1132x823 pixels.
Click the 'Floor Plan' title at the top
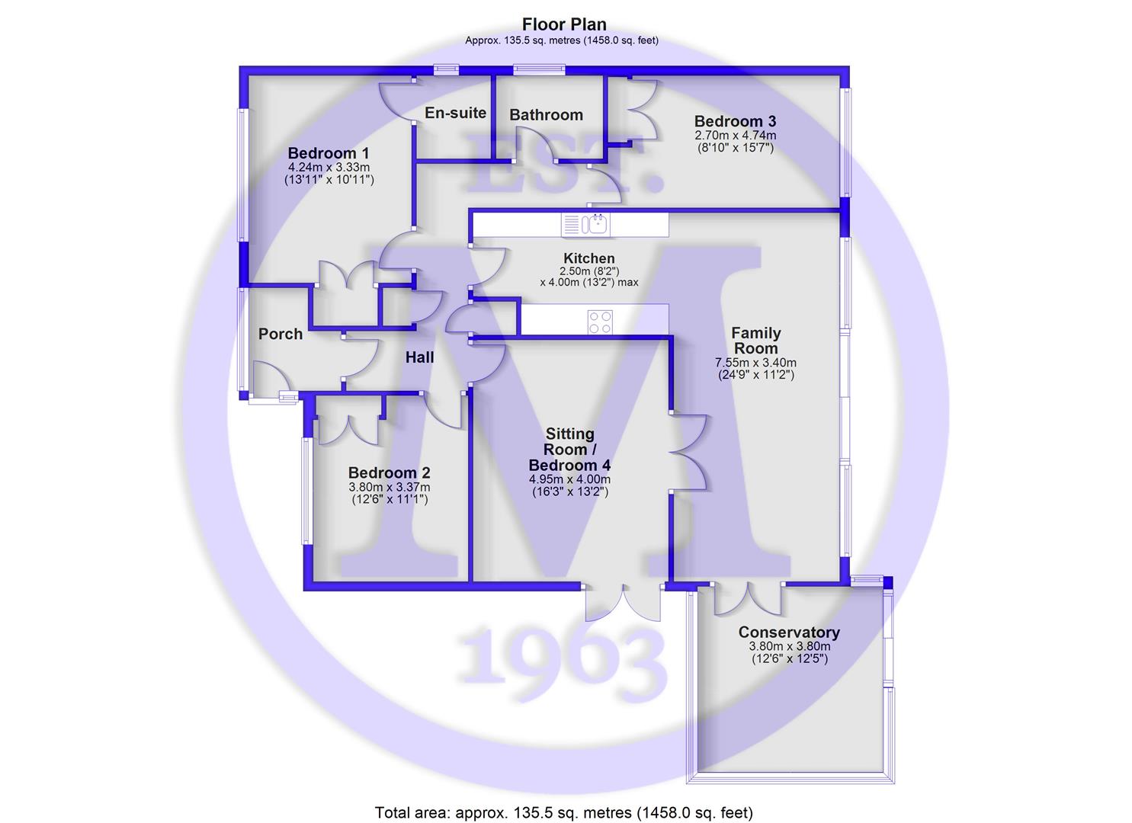coord(564,24)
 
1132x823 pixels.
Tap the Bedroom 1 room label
coord(329,153)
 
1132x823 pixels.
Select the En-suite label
coord(455,113)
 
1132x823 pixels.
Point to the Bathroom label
coord(547,114)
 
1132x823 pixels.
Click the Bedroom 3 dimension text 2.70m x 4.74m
coord(736,136)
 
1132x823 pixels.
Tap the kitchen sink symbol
coord(585,224)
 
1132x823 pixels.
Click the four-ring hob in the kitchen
coord(600,322)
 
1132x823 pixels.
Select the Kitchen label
coord(589,258)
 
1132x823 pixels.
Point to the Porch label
coord(281,334)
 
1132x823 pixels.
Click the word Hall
coord(419,357)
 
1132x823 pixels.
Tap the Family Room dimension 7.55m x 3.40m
coord(755,363)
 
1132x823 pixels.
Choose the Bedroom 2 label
coord(389,473)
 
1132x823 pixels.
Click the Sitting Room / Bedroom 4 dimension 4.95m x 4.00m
coord(569,479)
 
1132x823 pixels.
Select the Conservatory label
coord(789,632)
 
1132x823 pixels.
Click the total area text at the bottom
coord(564,813)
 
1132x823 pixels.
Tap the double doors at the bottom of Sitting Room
coord(623,604)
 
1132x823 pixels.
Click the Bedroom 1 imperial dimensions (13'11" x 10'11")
coord(329,179)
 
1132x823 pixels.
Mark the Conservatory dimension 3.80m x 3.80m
coord(790,646)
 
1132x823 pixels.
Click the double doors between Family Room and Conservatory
coord(749,599)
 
